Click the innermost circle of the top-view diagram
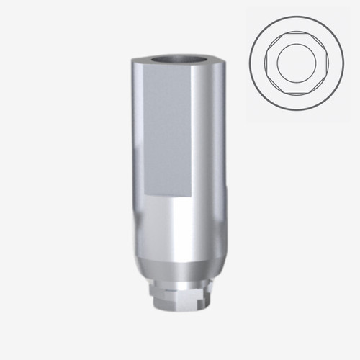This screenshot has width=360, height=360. pyautogui.click(x=297, y=61)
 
